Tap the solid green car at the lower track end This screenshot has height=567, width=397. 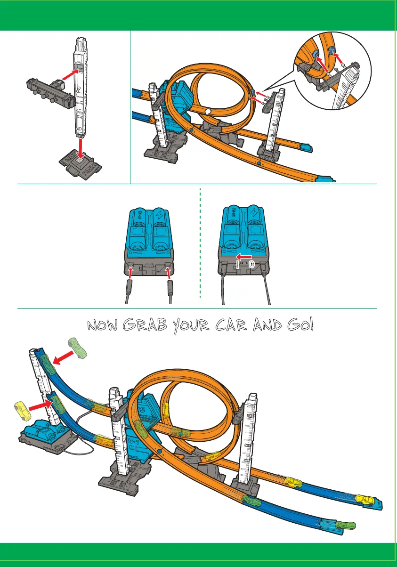click(347, 525)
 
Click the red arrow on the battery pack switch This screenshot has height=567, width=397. click(243, 257)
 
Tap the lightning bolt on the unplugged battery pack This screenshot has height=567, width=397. click(160, 213)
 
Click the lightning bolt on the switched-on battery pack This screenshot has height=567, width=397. click(253, 212)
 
